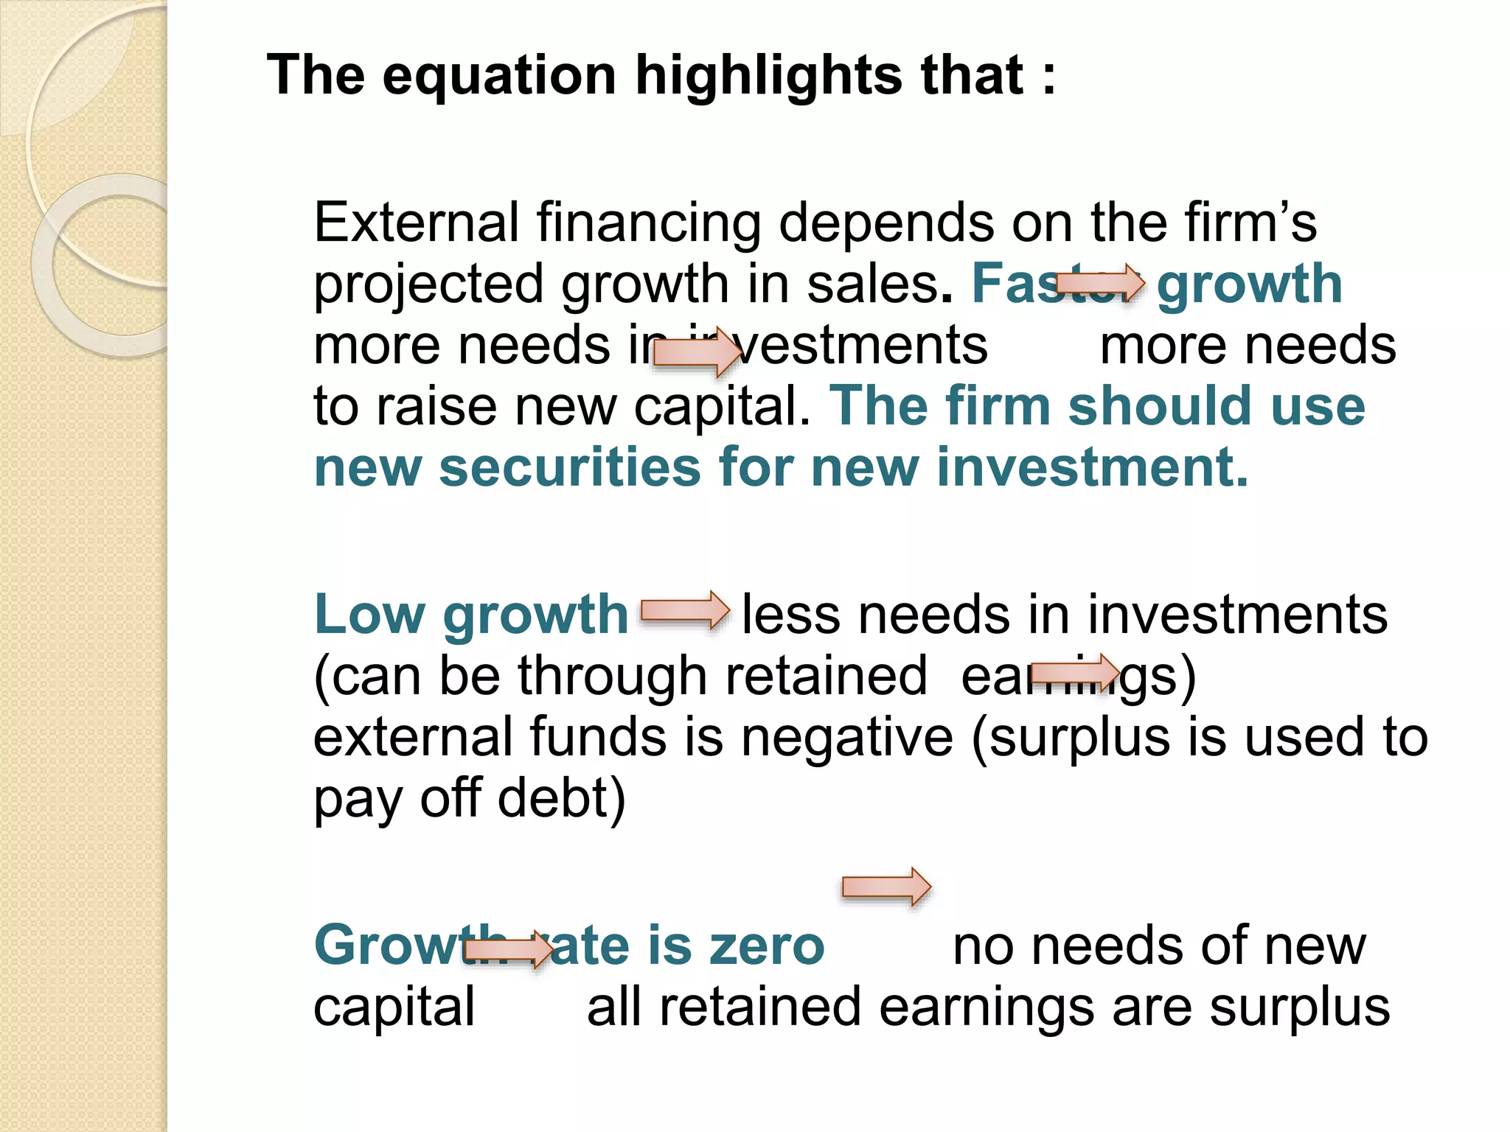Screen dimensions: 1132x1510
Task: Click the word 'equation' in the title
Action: (x=499, y=76)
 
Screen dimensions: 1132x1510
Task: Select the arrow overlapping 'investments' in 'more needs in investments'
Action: (x=697, y=353)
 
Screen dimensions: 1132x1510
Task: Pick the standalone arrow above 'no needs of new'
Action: (x=886, y=887)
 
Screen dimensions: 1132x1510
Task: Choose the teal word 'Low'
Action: (x=369, y=615)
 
